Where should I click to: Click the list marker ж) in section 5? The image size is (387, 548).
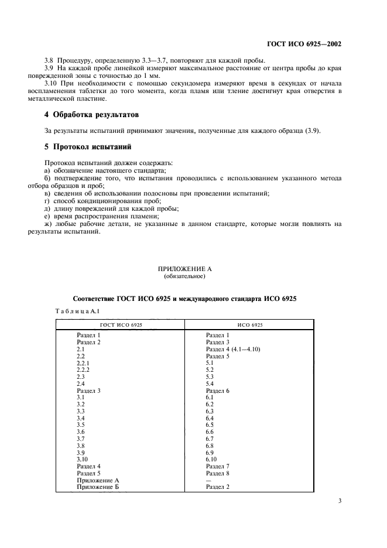(49, 224)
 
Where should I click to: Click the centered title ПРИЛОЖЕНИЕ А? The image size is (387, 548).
(193, 269)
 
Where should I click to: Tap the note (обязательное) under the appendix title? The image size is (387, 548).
(193, 276)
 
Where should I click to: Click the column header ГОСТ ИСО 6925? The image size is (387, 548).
(121, 324)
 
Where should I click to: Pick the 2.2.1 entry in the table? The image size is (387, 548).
(83, 363)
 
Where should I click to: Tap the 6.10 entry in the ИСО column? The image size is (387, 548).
(212, 459)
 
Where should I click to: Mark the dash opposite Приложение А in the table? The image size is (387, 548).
(208, 479)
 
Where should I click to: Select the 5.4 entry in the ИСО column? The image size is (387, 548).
(210, 383)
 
